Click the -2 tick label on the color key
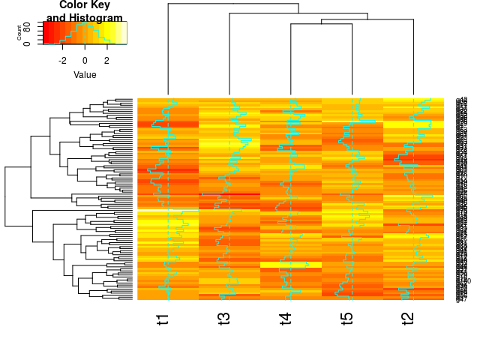click(62, 61)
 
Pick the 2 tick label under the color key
click(106, 61)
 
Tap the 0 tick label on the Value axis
click(85, 61)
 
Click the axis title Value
click(85, 75)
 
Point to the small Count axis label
click(29, 32)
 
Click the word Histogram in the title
click(94, 17)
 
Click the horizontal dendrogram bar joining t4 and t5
click(321, 25)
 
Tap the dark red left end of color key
click(46, 32)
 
